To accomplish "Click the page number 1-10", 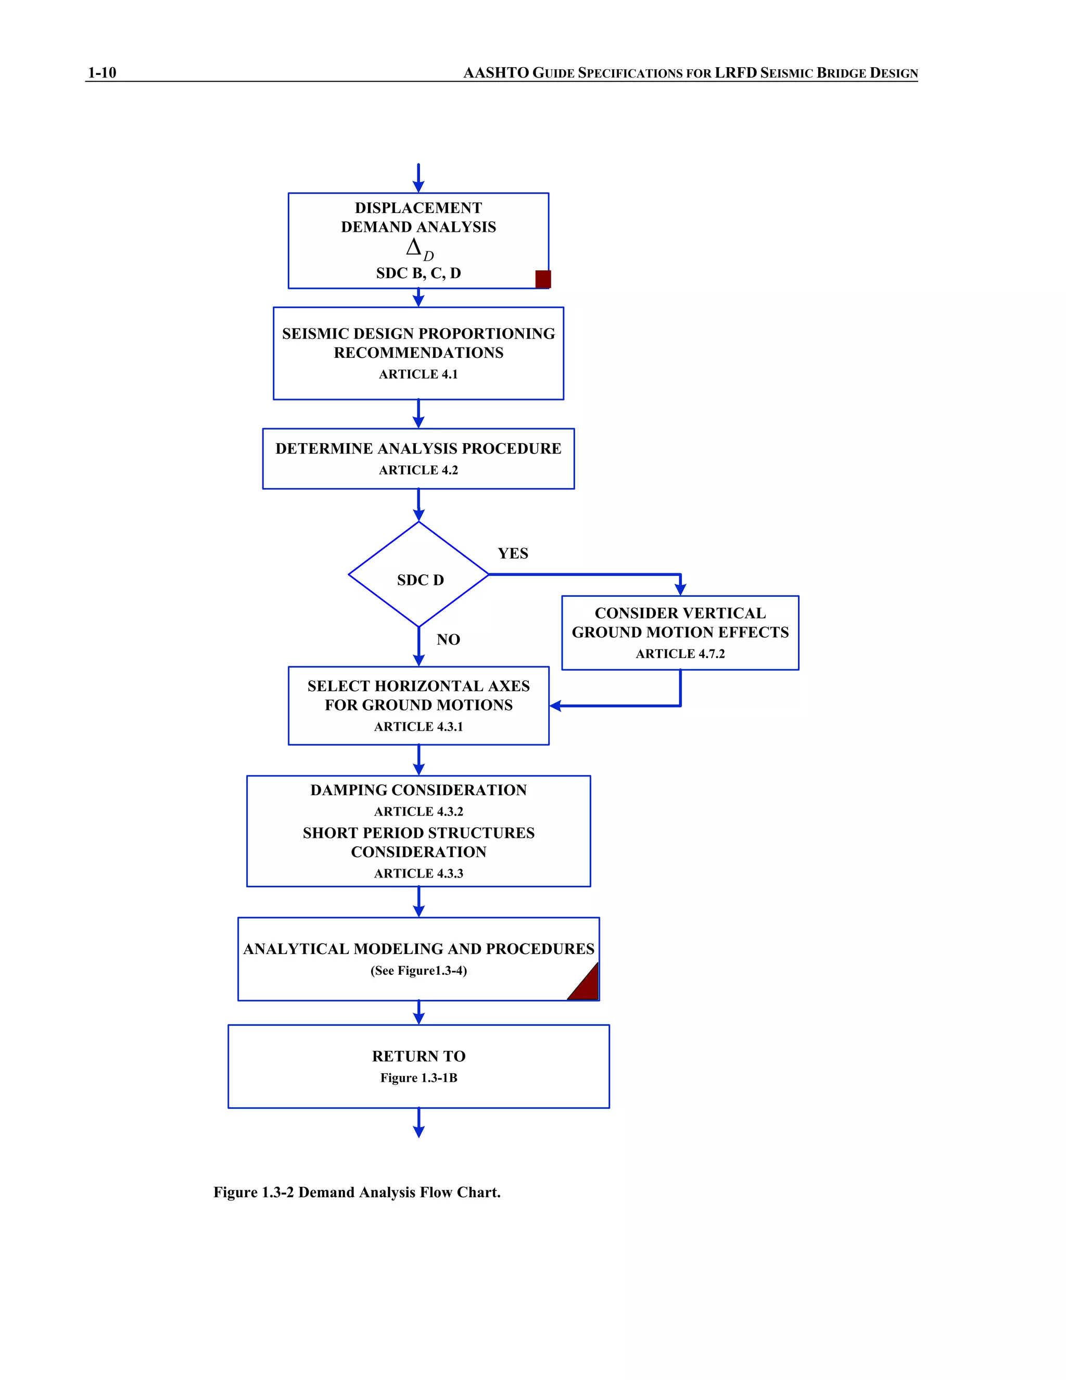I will click(x=101, y=73).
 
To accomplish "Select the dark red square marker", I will click(x=543, y=279).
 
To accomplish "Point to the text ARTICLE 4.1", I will click(x=418, y=374).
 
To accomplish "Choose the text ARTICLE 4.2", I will click(x=418, y=470).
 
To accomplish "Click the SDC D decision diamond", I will click(x=418, y=574).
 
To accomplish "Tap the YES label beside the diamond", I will click(x=513, y=554).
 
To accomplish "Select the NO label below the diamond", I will click(x=448, y=639).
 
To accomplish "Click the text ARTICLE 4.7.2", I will click(x=680, y=654).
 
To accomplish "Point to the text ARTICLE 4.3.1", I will click(x=418, y=726).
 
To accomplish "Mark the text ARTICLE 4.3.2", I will click(x=418, y=811).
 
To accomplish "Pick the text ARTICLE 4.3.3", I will click(x=418, y=873).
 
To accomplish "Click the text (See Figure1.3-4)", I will click(x=418, y=971).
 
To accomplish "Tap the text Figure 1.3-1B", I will click(x=418, y=1078).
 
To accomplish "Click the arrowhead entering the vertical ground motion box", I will click(x=680, y=589).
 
